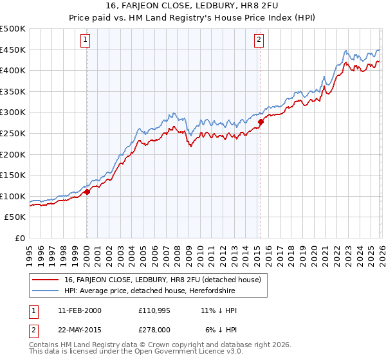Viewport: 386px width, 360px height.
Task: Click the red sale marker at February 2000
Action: pos(87,192)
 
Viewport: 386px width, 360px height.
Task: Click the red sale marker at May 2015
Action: pos(261,122)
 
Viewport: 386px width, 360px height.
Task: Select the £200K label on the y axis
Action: pos(13,154)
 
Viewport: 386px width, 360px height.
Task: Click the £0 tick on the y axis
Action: pos(21,238)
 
